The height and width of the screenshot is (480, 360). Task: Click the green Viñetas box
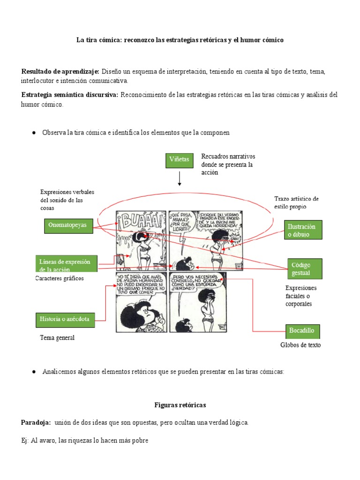coord(180,160)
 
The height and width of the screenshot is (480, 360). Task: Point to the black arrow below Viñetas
coord(180,179)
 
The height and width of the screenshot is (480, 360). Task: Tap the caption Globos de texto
coord(300,346)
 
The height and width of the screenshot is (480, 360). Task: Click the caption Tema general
coord(58,337)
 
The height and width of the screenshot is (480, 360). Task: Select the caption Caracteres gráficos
coord(60,278)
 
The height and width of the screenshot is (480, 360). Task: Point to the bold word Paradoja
coord(36,423)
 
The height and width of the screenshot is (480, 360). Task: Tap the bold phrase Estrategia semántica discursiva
coord(70,95)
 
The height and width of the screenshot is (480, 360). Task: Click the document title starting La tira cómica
coord(180,41)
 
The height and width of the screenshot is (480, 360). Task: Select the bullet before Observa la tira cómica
coord(34,133)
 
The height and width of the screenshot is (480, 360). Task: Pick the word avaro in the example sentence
coord(47,441)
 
